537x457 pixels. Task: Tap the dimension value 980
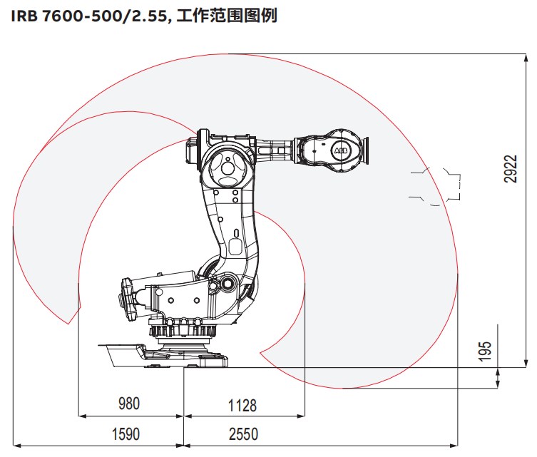[130, 404]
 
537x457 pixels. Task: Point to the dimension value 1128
[242, 405]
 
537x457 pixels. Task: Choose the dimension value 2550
[243, 433]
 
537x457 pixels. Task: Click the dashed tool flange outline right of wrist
[436, 186]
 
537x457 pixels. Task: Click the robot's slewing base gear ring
[183, 331]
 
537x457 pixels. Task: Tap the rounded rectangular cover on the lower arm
[235, 247]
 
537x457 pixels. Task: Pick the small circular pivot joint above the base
[227, 284]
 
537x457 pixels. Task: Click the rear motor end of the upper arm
[193, 150]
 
